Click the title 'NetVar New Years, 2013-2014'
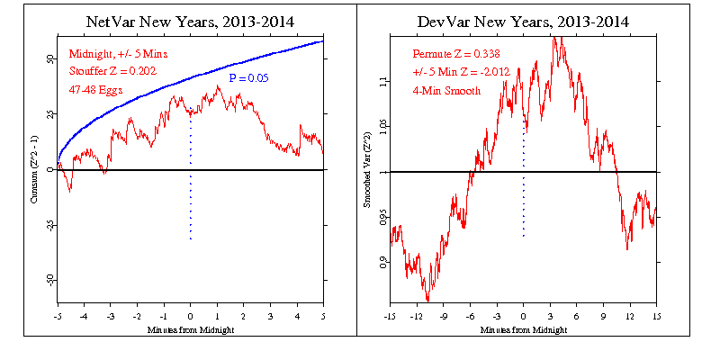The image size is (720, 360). tap(191, 20)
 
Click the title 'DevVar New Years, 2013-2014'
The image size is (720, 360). tap(523, 20)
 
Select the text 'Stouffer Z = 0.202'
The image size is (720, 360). tap(112, 72)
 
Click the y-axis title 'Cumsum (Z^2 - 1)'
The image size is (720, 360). tap(35, 169)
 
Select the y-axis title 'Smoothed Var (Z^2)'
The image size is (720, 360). tap(366, 170)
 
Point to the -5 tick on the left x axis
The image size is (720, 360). tap(58, 317)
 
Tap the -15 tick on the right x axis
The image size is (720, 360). tap(390, 317)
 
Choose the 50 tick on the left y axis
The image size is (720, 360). tap(49, 58)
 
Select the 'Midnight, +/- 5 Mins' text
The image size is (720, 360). tap(114, 54)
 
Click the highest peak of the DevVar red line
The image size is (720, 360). tap(559, 37)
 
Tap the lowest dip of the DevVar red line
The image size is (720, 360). tap(427, 301)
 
